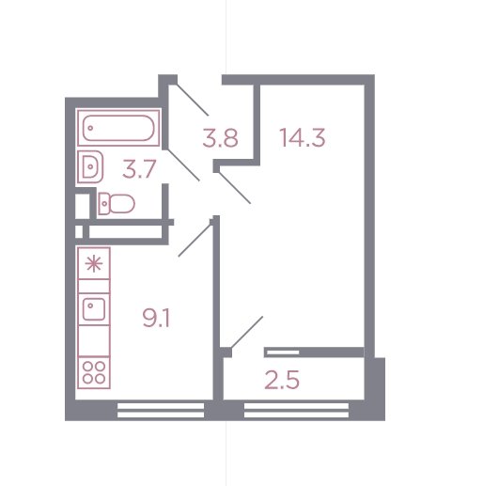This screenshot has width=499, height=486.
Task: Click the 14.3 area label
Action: point(303,138)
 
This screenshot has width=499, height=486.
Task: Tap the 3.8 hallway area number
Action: point(220,138)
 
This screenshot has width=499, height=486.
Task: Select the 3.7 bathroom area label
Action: point(139,169)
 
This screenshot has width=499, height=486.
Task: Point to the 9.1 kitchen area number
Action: point(156,319)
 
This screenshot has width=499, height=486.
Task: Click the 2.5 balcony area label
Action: point(282,380)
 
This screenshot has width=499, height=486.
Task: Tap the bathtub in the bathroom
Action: point(118,128)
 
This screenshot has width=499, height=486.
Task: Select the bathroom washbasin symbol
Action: point(91,166)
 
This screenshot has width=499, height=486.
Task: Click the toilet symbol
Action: point(117,204)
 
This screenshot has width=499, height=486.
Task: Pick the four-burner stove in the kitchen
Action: point(94,372)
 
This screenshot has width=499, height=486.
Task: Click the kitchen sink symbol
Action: point(94,309)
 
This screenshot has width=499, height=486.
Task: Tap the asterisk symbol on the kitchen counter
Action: point(94,264)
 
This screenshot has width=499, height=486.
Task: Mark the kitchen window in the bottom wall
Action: point(161,410)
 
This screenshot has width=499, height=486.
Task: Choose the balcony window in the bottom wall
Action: point(296,410)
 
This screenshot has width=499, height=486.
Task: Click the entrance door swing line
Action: point(193,100)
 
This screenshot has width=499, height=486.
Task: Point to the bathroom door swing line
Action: point(183,165)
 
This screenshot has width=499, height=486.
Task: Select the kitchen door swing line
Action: point(195,241)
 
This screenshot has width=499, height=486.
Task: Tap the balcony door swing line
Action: point(247,332)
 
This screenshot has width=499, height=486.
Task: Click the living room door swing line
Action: point(234,187)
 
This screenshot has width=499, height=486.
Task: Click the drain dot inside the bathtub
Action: point(90,128)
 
